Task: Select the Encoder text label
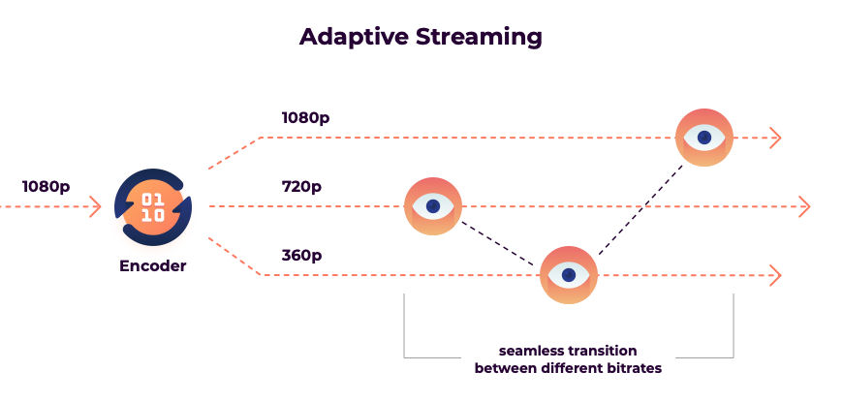pyautogui.click(x=153, y=265)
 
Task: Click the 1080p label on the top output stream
pyautogui.click(x=305, y=117)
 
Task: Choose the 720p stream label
pyautogui.click(x=300, y=185)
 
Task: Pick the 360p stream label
pyautogui.click(x=301, y=256)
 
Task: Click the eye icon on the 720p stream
pyautogui.click(x=433, y=206)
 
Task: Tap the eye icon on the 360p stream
pyautogui.click(x=569, y=275)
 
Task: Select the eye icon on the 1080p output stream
pyautogui.click(x=704, y=138)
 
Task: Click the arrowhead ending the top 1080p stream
pyautogui.click(x=774, y=138)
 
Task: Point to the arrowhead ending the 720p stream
pyautogui.click(x=803, y=206)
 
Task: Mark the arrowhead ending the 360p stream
pyautogui.click(x=774, y=275)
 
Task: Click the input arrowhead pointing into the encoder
pyautogui.click(x=95, y=206)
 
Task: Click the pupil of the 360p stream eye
pyautogui.click(x=569, y=275)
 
